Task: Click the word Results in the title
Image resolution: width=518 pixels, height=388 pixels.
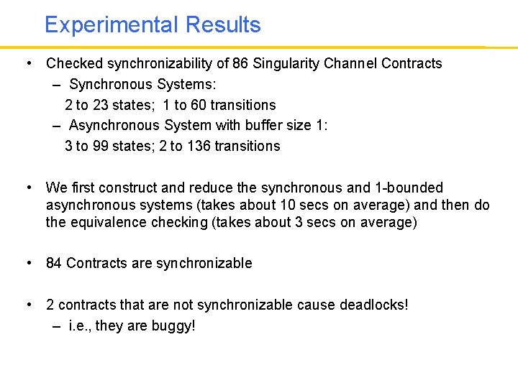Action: point(223,25)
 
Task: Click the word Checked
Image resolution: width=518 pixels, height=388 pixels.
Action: point(75,63)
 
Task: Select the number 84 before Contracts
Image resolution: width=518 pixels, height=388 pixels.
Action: point(54,263)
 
